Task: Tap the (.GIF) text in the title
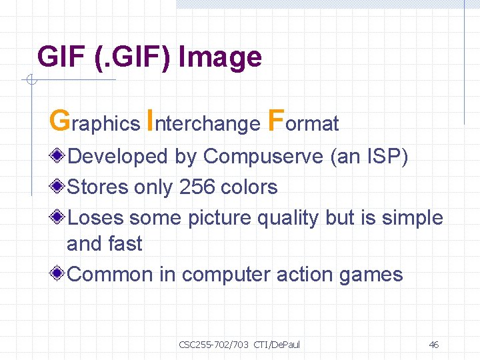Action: click(x=131, y=57)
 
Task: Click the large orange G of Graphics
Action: click(x=59, y=121)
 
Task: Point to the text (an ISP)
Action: click(x=369, y=157)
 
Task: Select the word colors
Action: click(x=247, y=187)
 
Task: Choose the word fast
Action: click(x=124, y=244)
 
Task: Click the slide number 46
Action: click(x=433, y=345)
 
